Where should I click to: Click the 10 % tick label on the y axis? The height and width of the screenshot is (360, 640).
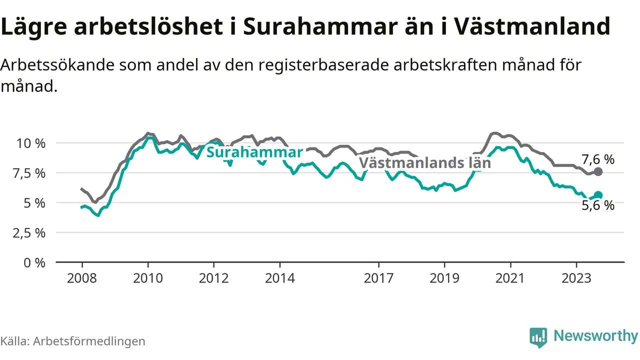(x=31, y=143)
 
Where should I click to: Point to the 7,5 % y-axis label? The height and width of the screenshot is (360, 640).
(x=29, y=173)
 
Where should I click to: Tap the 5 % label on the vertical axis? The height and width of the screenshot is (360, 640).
(x=34, y=203)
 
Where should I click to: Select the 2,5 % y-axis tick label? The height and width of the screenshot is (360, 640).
(x=29, y=233)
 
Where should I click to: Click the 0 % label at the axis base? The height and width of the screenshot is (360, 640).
(x=34, y=263)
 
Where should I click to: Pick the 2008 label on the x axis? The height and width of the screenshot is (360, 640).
(x=82, y=278)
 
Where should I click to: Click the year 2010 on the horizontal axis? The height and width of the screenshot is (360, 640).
(x=148, y=278)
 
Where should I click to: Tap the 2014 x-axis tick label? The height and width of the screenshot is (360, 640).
(x=280, y=278)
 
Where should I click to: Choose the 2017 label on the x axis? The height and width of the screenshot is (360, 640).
(x=379, y=278)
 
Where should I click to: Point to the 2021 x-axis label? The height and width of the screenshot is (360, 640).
(x=510, y=278)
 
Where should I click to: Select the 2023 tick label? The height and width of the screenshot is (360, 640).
(x=576, y=278)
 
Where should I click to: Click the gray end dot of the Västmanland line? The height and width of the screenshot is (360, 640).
(x=598, y=171)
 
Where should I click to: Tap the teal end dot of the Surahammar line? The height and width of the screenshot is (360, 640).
(x=598, y=195)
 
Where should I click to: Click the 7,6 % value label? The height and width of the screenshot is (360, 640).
(x=598, y=159)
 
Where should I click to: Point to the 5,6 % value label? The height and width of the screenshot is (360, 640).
(x=598, y=205)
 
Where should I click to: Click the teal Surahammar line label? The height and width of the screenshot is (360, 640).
(x=254, y=152)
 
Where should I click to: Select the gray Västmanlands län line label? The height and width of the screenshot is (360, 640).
(x=425, y=163)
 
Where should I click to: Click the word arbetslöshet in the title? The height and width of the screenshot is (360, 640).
(x=148, y=26)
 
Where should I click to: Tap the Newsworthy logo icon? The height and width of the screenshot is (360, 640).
(x=538, y=337)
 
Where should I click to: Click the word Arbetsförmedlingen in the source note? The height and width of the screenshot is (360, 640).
(x=89, y=341)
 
